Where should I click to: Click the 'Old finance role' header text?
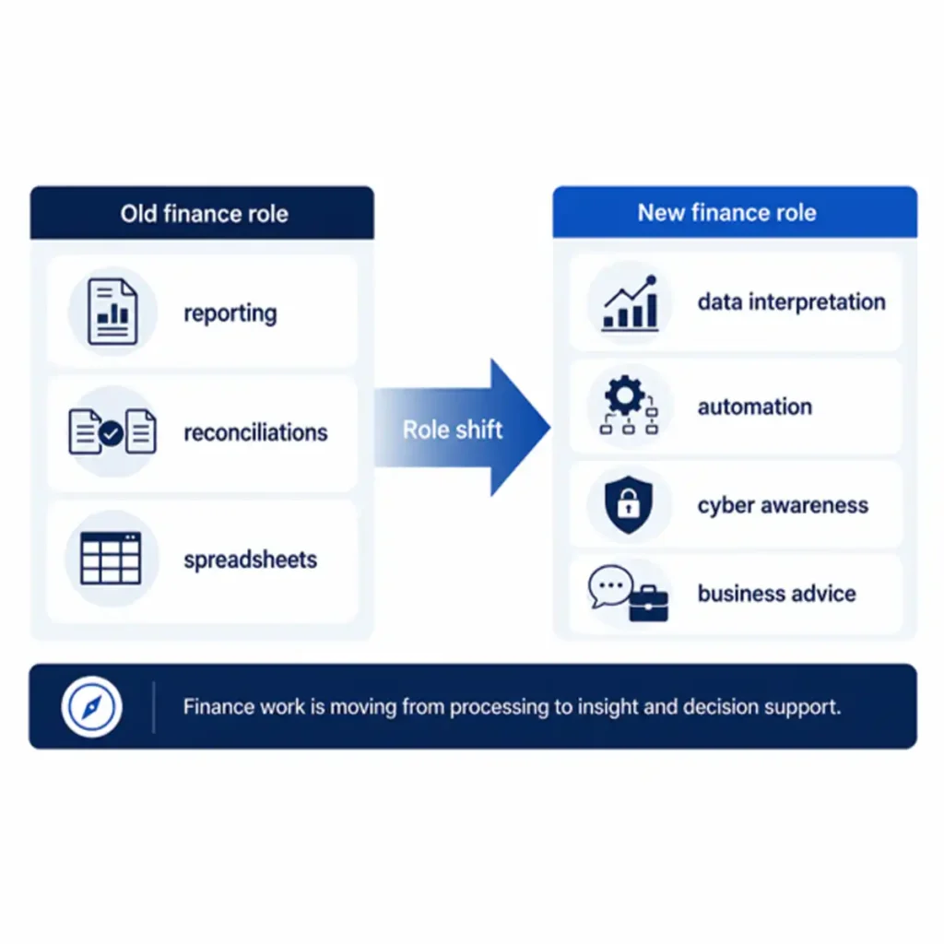(204, 214)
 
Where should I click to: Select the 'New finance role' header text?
(726, 213)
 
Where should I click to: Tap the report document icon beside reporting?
(112, 312)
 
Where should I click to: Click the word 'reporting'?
(230, 313)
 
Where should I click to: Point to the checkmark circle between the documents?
(112, 433)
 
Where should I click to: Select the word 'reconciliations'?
(256, 432)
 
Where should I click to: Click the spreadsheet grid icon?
(111, 558)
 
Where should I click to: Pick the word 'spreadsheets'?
(251, 560)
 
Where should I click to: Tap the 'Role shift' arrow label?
(452, 430)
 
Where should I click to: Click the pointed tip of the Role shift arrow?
(549, 428)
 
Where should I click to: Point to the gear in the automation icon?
(624, 395)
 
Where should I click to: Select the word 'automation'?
(755, 407)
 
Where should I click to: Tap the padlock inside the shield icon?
(629, 503)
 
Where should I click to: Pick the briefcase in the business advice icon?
(648, 603)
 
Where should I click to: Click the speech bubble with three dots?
(610, 585)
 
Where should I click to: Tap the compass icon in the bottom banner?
(91, 707)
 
